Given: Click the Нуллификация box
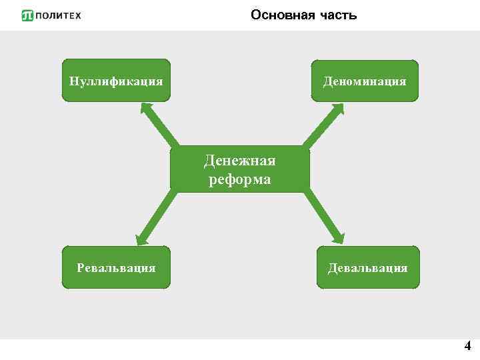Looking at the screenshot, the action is tap(116, 81).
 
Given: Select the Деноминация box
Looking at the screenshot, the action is tap(365, 81).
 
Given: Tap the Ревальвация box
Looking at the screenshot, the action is tap(116, 267).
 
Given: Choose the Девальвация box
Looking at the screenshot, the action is tap(367, 267).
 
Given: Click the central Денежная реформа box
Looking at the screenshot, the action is tap(240, 169).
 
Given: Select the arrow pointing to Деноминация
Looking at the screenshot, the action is tap(322, 125).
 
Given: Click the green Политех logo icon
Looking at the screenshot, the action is tap(27, 15).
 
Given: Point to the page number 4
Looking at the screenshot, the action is tap(467, 346).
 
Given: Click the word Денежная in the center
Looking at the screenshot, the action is tap(240, 161).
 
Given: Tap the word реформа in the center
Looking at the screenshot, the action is tap(240, 179).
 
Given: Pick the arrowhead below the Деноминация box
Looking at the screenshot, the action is tap(336, 109).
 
